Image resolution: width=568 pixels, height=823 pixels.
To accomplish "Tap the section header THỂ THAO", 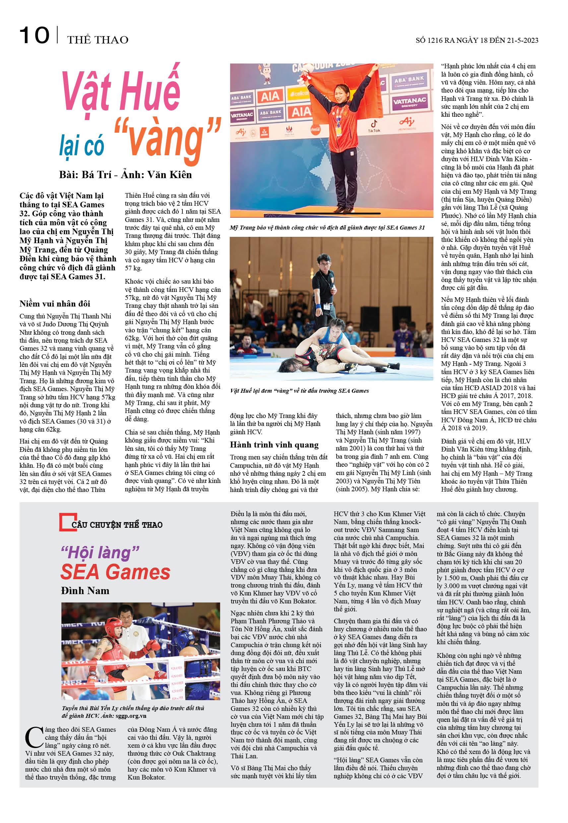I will pyautogui.click(x=97, y=39).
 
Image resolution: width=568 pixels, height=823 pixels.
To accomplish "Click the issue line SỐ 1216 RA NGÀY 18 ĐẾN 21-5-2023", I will pyautogui.click(x=476, y=40).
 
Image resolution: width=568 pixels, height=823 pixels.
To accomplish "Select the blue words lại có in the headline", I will pyautogui.click(x=82, y=146).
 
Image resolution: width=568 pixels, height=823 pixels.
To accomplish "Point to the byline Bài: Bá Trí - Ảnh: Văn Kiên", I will pyautogui.click(x=125, y=174).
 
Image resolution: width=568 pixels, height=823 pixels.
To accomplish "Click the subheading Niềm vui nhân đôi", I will pyautogui.click(x=55, y=303).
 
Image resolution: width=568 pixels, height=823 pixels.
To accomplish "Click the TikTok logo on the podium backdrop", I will pyautogui.click(x=374, y=126).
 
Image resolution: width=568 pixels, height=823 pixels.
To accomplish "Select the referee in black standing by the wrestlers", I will pyautogui.click(x=324, y=281).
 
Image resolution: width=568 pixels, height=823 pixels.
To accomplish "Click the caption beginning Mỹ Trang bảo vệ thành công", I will pyautogui.click(x=327, y=228).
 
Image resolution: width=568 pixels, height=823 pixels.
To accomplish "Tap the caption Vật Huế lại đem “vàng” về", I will pyautogui.click(x=299, y=390).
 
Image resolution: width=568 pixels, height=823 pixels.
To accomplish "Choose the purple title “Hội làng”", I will pyautogui.click(x=100, y=552).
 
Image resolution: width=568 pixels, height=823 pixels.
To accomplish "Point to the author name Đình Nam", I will pyautogui.click(x=85, y=590).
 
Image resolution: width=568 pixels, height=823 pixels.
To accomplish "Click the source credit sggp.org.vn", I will pyautogui.click(x=131, y=716).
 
